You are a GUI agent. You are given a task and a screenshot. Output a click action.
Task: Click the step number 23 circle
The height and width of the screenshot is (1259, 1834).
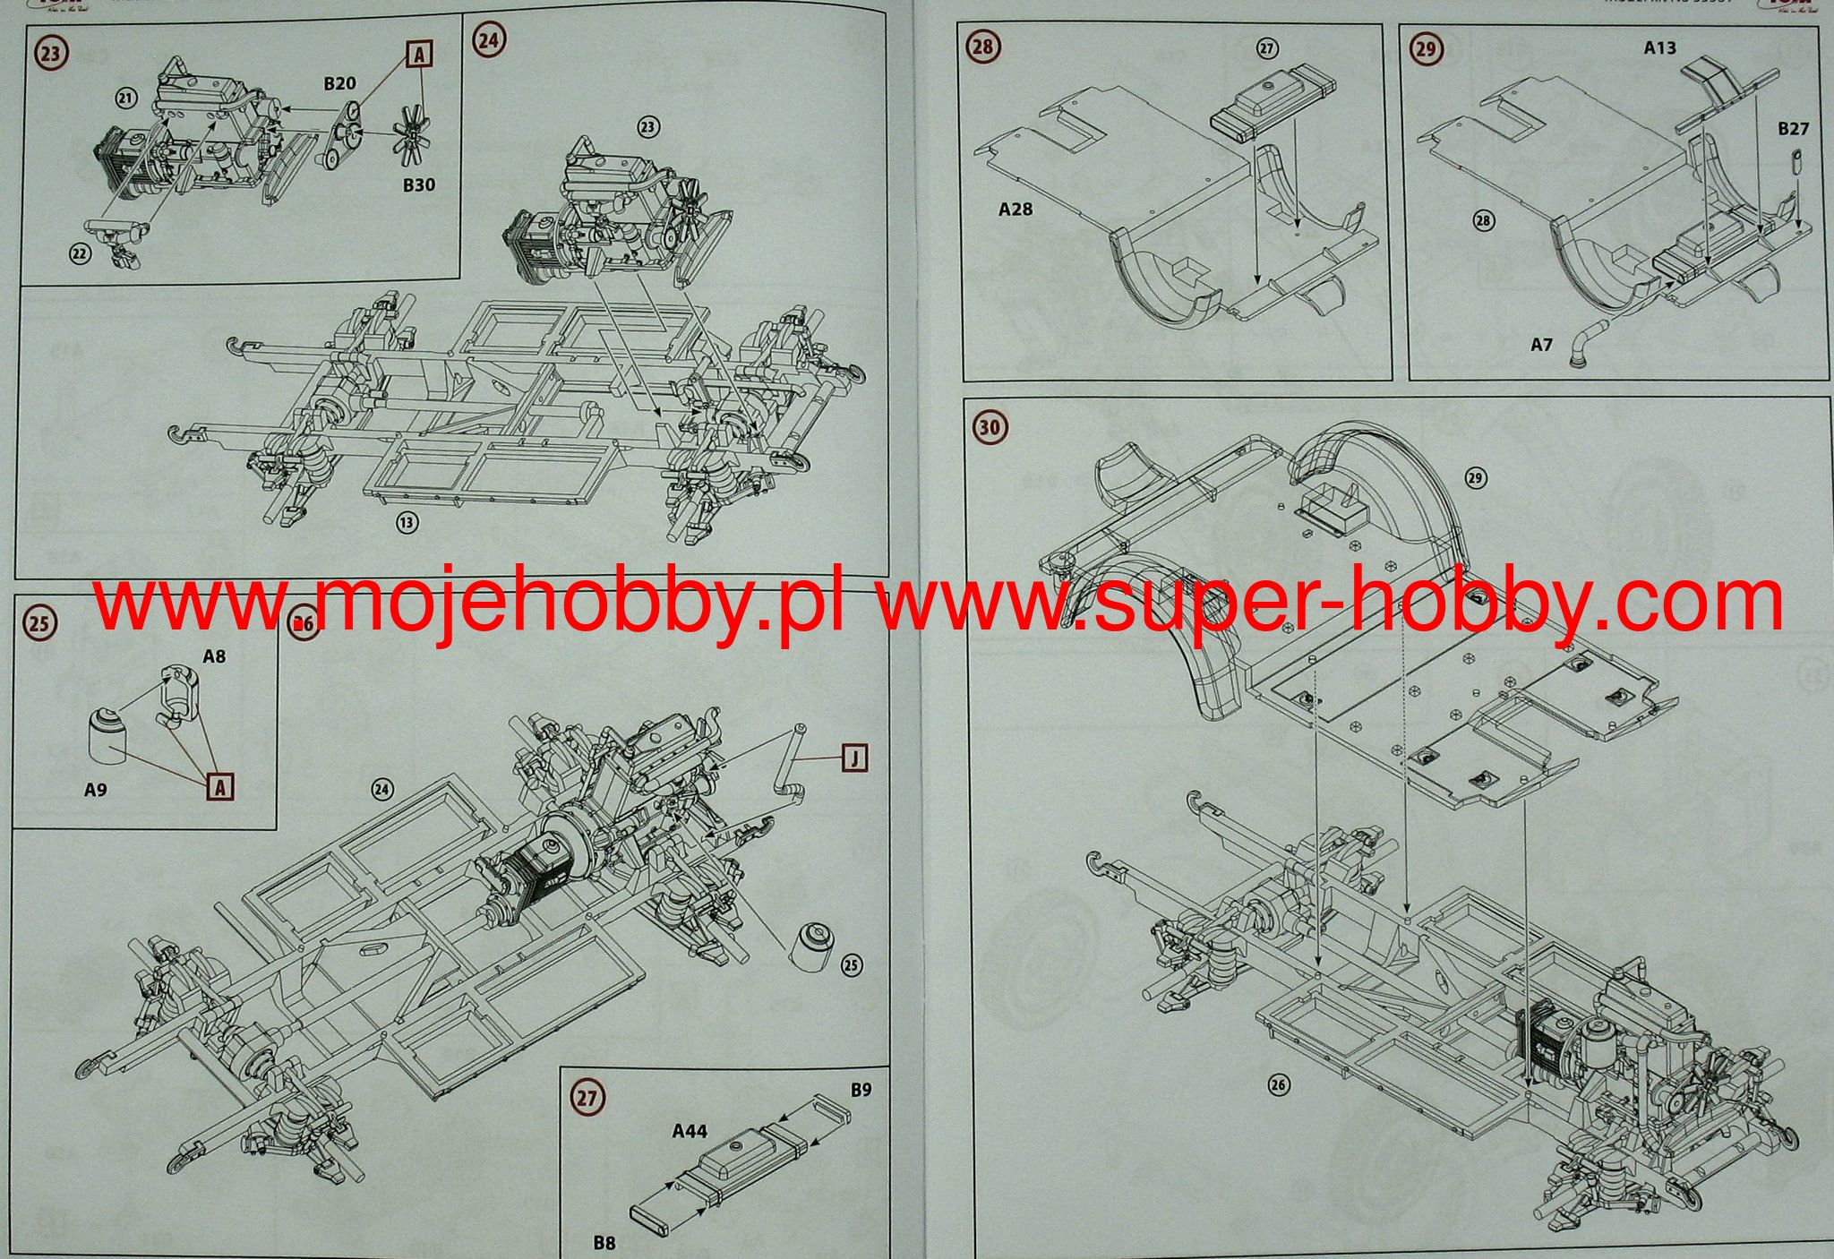[51, 53]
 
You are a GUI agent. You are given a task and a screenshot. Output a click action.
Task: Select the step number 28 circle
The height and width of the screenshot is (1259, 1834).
[983, 47]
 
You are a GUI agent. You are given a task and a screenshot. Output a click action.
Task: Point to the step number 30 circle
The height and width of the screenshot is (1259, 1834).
[989, 427]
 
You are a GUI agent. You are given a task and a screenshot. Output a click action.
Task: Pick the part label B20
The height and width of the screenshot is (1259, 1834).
[339, 83]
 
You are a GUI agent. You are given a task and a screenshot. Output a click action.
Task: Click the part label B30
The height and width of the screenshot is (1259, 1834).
[418, 185]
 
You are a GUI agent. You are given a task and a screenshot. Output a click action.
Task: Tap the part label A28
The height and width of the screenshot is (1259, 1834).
[1016, 210]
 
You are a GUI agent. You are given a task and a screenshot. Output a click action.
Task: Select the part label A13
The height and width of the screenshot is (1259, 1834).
[1659, 48]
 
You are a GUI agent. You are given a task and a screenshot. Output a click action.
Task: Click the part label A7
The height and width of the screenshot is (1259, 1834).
[1540, 344]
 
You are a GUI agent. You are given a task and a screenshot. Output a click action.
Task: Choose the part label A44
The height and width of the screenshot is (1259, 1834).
[690, 1132]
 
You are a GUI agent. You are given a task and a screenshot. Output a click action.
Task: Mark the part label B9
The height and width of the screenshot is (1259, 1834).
[861, 1090]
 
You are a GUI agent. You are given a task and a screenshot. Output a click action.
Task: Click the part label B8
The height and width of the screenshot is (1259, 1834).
[604, 1242]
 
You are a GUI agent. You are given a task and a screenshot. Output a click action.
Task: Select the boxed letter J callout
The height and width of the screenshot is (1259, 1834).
[855, 759]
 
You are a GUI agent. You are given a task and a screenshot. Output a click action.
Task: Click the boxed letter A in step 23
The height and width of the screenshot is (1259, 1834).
[418, 56]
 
